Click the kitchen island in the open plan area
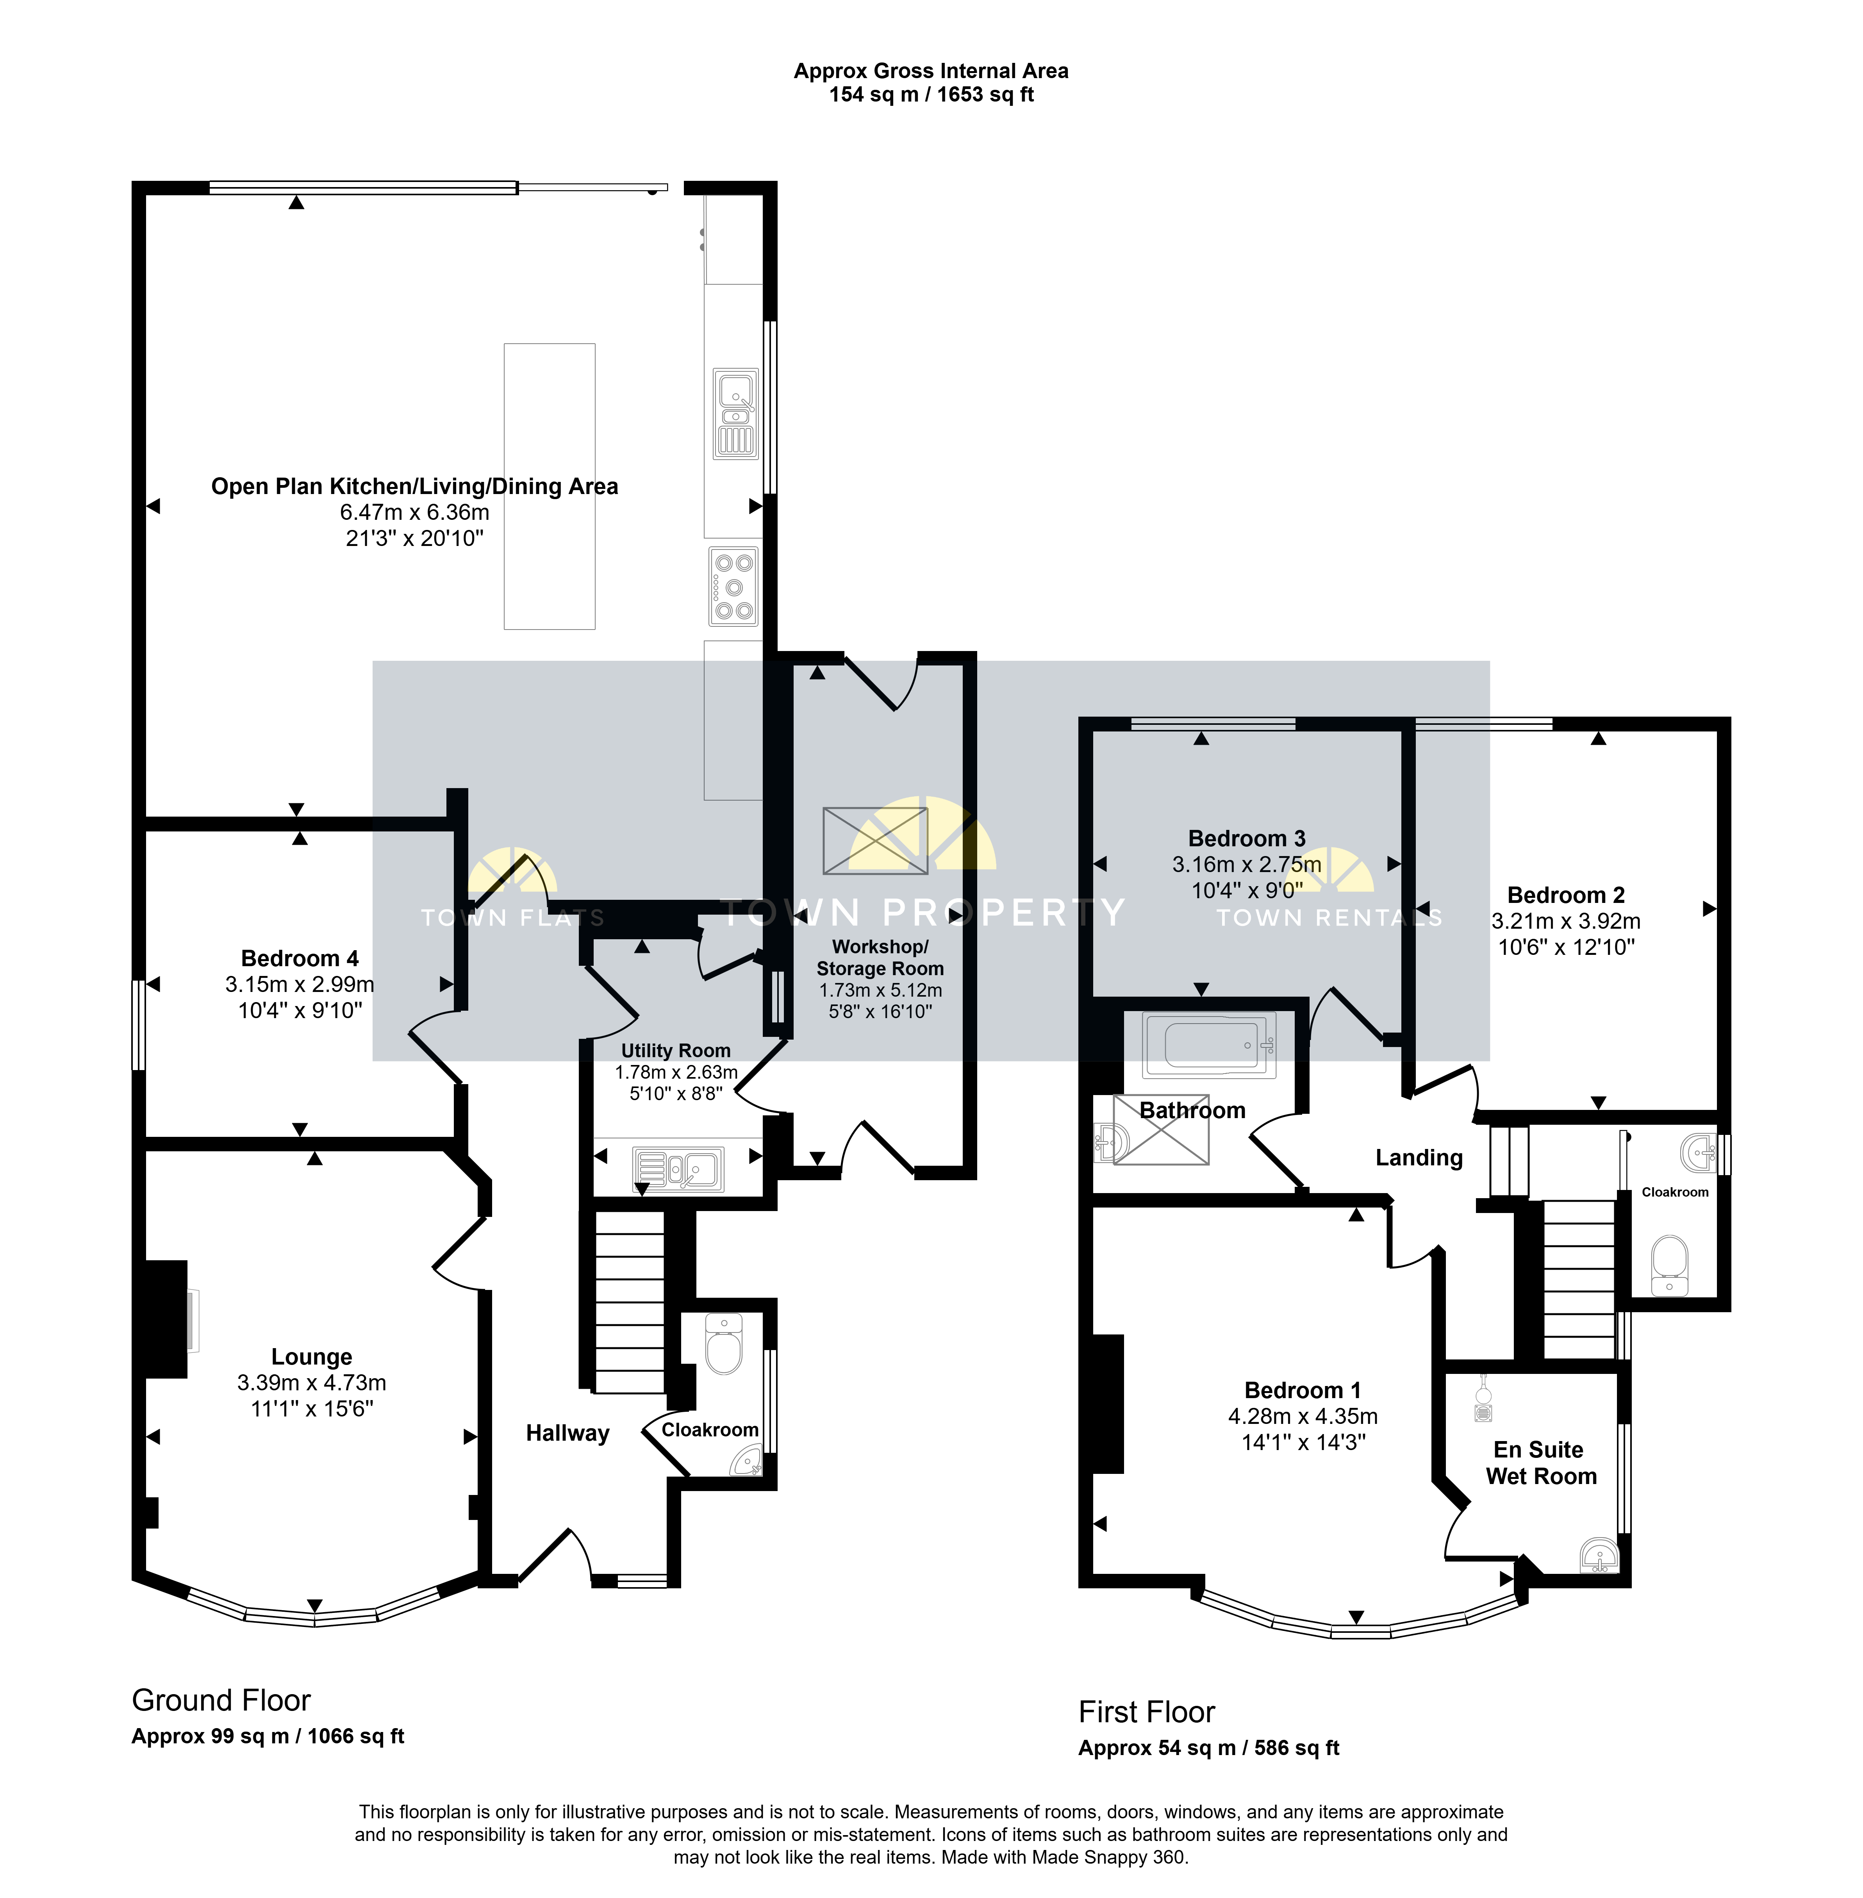(549, 486)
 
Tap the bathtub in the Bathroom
(1209, 1045)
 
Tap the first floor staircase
(1578, 1279)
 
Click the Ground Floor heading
(221, 1700)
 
